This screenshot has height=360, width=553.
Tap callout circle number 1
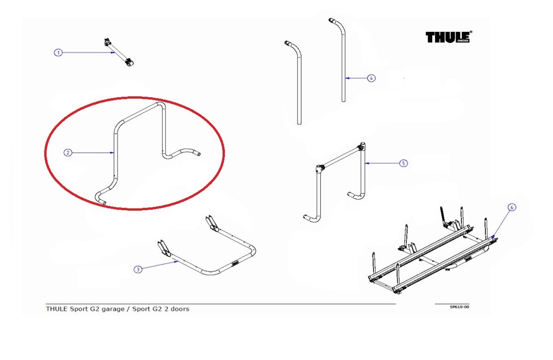pos(58,52)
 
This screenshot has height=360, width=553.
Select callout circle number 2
pos(68,153)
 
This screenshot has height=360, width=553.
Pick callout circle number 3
pos(138,269)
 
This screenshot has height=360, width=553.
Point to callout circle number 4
pos(371,78)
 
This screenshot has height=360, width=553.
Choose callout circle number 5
pos(404,163)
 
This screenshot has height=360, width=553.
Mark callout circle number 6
pos(512,207)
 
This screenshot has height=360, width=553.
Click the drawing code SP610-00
pos(459,307)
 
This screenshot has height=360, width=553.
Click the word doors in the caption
pos(179,309)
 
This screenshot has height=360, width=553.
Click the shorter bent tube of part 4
pos(299,84)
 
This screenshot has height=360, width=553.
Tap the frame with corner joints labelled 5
pos(342,169)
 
